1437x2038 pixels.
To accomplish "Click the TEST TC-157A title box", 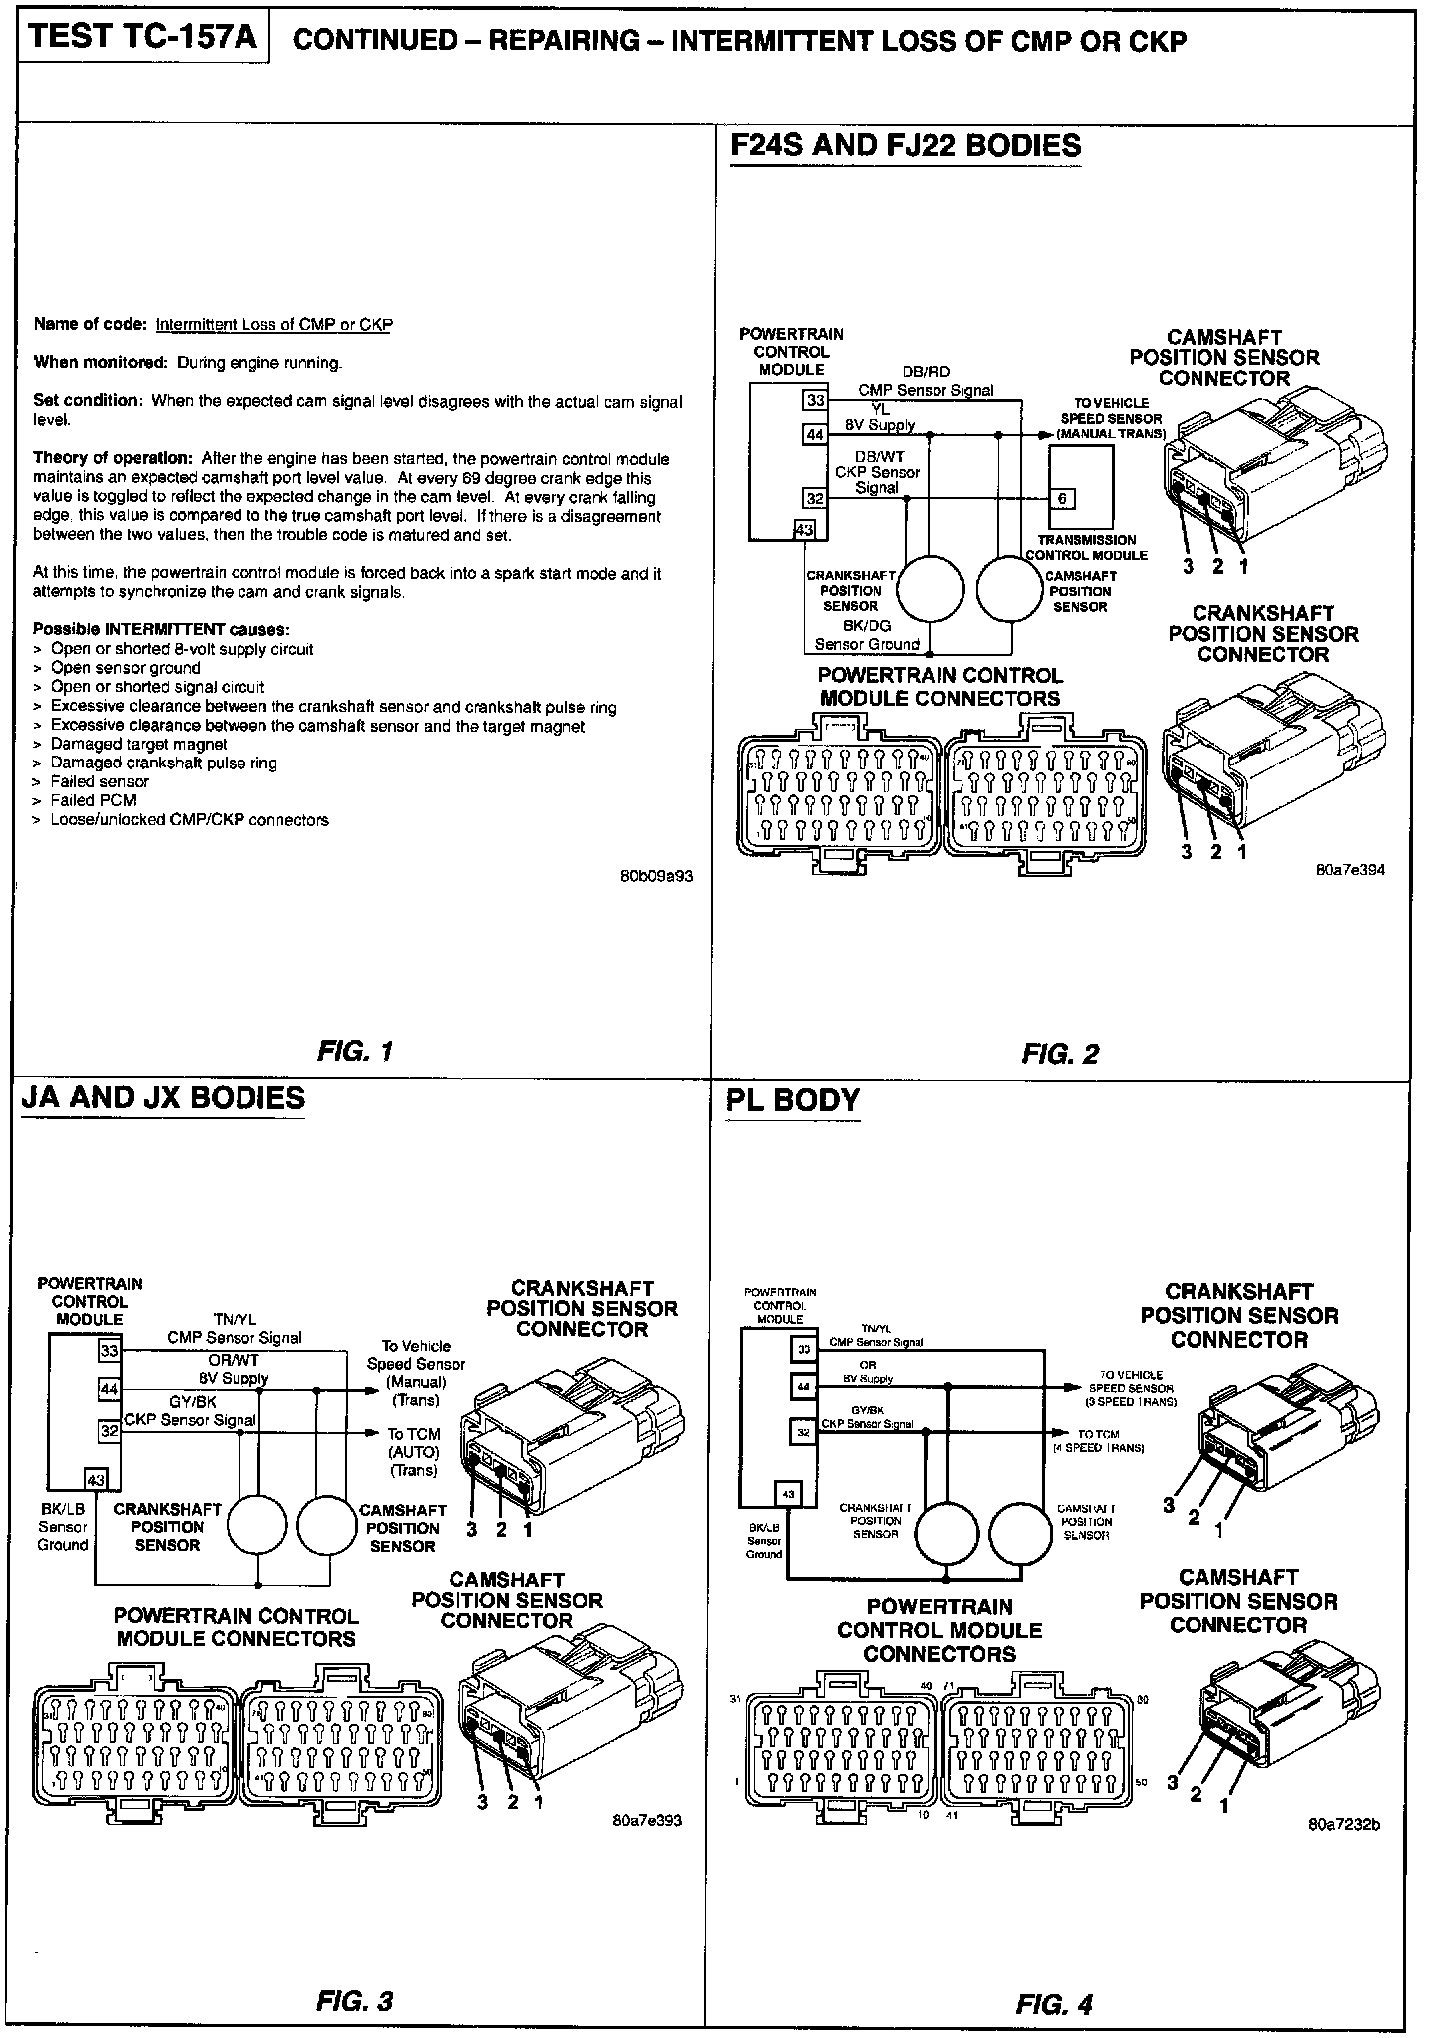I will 143,39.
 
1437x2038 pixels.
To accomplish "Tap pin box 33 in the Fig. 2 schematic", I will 815,400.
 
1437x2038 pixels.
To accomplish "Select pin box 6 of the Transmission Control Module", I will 1061,498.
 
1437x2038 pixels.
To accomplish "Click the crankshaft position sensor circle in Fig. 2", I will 930,588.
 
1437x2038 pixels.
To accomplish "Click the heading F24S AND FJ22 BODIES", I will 906,146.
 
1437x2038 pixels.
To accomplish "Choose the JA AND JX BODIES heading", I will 164,1097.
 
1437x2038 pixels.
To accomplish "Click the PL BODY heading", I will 794,1099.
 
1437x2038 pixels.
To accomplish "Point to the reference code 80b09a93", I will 656,877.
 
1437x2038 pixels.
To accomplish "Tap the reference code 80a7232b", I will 1344,1825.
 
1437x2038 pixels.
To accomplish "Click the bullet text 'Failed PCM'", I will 93,800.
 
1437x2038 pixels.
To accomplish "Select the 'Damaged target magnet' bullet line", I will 139,744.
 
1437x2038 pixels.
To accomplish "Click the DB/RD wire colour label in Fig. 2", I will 926,372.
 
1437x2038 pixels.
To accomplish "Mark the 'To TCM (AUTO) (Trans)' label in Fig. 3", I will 414,1451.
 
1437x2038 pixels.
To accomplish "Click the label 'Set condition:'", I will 88,400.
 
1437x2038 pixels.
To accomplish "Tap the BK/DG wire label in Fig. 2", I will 866,626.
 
